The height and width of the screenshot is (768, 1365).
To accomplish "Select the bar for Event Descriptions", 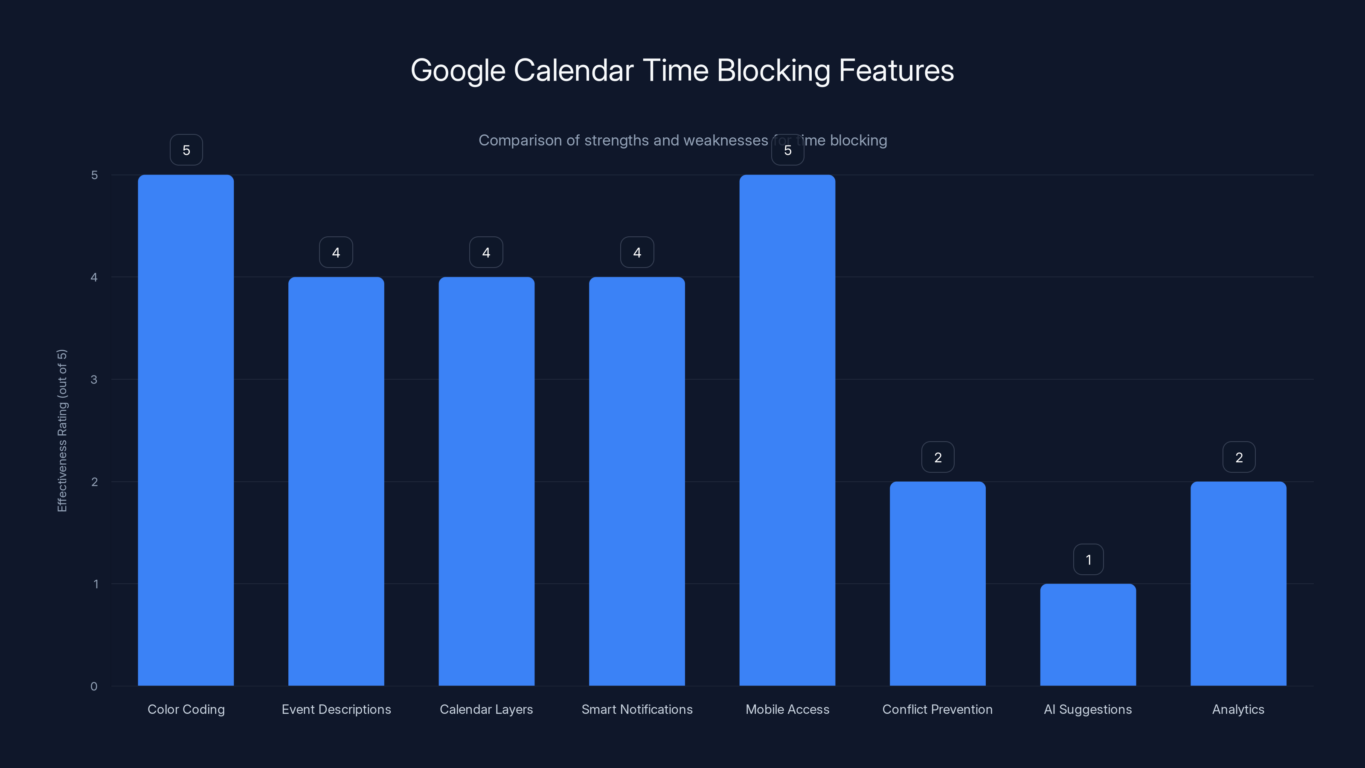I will [336, 481].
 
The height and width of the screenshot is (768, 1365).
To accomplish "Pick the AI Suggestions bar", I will [1088, 634].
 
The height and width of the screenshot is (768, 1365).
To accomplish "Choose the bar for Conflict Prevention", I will [938, 584].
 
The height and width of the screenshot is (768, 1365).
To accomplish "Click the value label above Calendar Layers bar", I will [486, 252].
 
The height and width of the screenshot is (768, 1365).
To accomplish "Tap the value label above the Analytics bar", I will [1239, 457].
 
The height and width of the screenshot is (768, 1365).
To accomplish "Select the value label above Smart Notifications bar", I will [637, 252].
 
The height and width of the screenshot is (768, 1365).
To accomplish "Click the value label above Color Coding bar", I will [186, 150].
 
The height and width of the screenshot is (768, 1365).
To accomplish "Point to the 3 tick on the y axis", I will [94, 379].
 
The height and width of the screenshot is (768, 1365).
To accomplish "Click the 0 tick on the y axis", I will [94, 687].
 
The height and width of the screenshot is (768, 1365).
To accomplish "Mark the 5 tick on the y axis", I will [94, 175].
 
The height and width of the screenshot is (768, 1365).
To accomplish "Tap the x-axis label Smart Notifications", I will [637, 709].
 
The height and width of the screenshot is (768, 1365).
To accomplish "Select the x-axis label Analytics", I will [1238, 709].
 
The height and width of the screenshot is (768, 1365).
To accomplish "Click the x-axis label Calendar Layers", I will [486, 709].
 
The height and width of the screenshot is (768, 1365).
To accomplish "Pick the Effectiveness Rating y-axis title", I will [62, 431].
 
